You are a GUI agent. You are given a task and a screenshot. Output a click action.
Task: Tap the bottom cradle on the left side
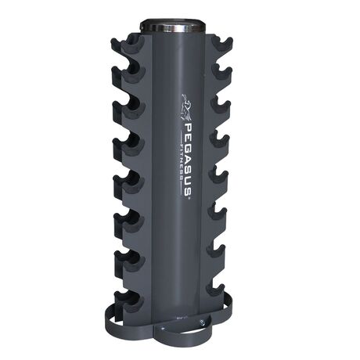[125, 301]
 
